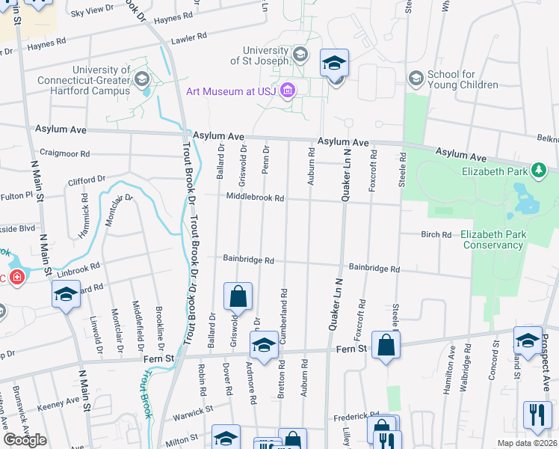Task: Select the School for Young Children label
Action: coord(463,80)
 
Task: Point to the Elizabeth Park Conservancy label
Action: coord(492,239)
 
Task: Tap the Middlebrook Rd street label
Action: coord(256,198)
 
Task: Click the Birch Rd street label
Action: coord(436,234)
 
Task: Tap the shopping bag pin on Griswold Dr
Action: coord(238,296)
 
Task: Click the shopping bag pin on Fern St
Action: coord(386,345)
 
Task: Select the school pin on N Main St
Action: coord(66,295)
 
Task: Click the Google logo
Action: coord(25,440)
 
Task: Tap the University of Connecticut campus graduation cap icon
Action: coord(141,78)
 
